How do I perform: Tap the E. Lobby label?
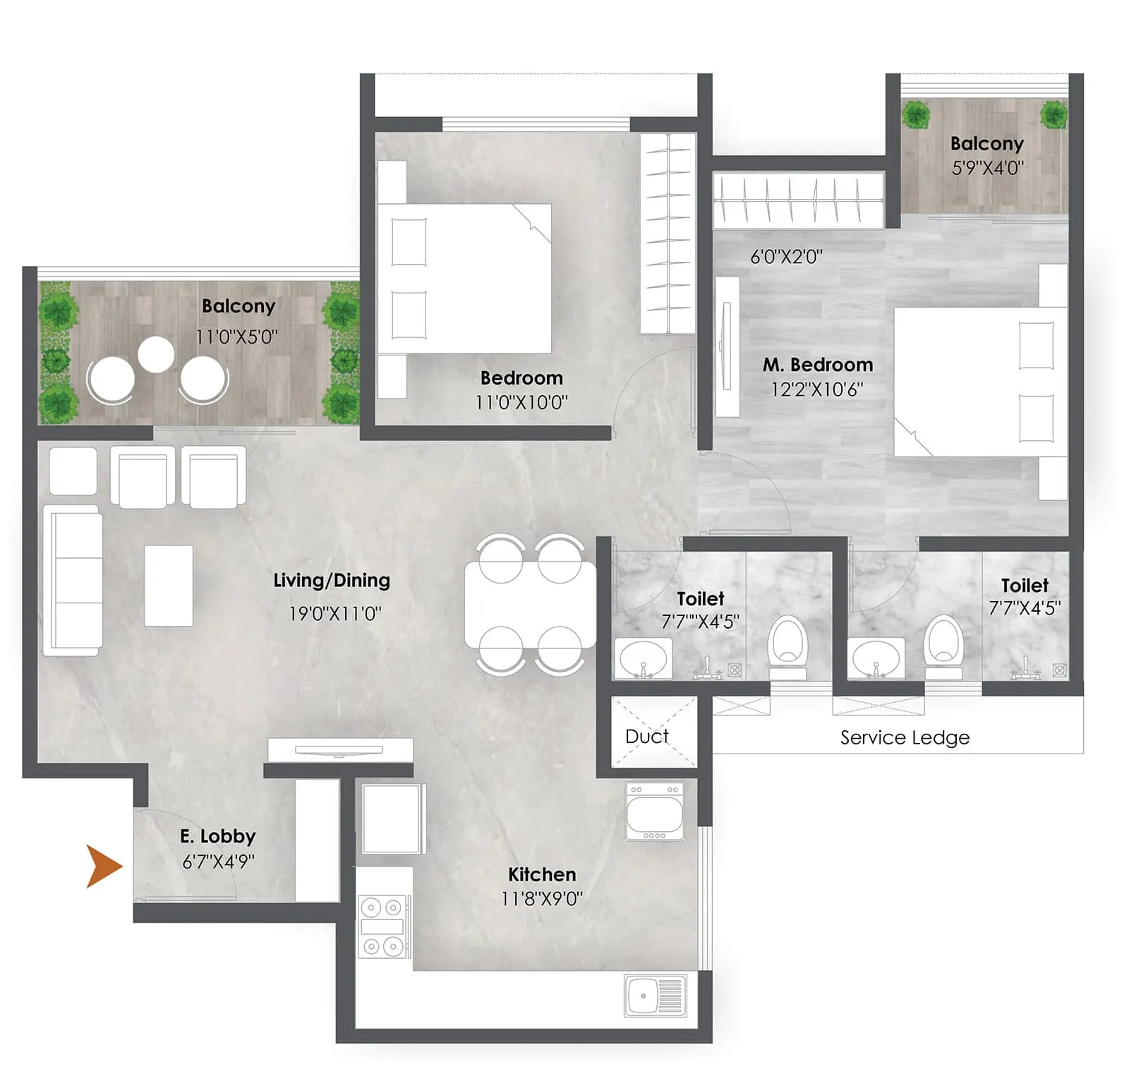[x=217, y=836]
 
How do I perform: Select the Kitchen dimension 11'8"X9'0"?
[x=542, y=898]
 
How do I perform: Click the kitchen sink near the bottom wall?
[x=655, y=996]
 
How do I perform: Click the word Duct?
[x=646, y=736]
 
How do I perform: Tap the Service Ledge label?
[x=905, y=737]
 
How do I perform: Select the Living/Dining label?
[x=332, y=580]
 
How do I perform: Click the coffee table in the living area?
[x=169, y=585]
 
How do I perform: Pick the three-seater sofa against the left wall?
[x=73, y=580]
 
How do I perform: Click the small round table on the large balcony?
[x=156, y=354]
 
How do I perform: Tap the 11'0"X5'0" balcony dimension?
[x=236, y=337]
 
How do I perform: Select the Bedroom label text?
[x=521, y=377]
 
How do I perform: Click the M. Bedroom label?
[x=817, y=365]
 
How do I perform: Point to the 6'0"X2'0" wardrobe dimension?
[x=786, y=256]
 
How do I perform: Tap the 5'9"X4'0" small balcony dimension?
[x=987, y=168]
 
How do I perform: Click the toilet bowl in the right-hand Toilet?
[x=943, y=643]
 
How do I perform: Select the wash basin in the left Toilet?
[x=642, y=658]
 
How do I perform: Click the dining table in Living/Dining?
[x=530, y=603]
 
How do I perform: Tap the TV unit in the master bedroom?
[x=727, y=346]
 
